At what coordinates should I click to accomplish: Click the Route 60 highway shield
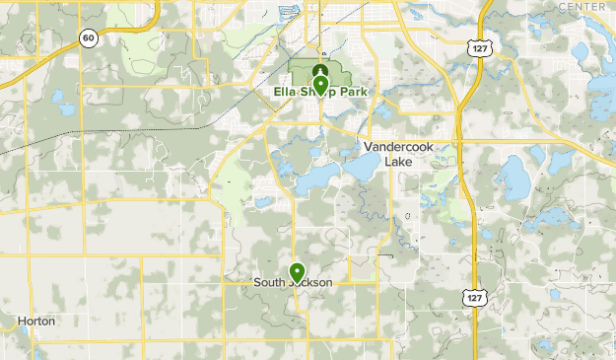[x=89, y=38]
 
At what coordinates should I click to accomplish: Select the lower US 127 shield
[x=476, y=297]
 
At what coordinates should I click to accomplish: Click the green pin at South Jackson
[x=297, y=270]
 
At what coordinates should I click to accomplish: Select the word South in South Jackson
[x=268, y=282]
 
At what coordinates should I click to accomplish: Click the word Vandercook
[x=398, y=147]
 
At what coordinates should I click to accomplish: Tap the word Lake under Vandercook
[x=398, y=161]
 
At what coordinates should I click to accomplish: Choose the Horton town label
[x=36, y=322]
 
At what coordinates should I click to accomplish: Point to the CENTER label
[x=582, y=7]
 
